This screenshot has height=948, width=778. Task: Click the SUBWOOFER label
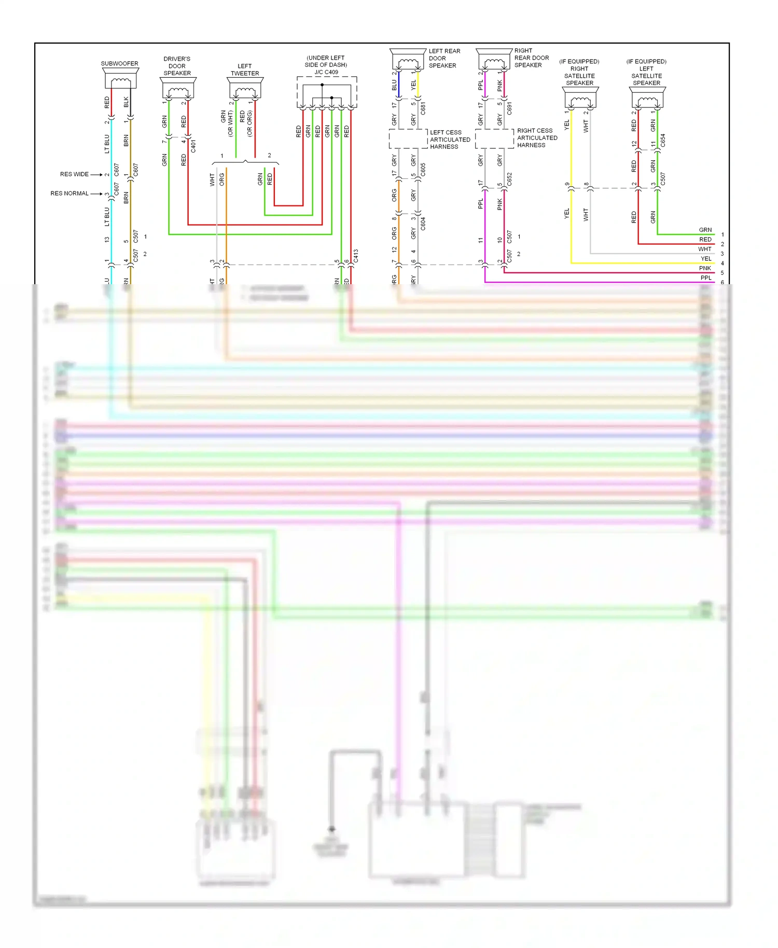pyautogui.click(x=119, y=64)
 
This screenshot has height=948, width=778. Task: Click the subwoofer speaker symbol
pyautogui.click(x=121, y=81)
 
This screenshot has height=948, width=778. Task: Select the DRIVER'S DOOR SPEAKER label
pyautogui.click(x=177, y=66)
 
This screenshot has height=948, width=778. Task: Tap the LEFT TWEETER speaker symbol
pyautogui.click(x=245, y=90)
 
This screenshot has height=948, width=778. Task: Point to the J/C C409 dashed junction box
pyautogui.click(x=327, y=92)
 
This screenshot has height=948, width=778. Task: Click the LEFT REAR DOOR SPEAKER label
pyautogui.click(x=444, y=58)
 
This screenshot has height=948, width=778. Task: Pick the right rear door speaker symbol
pyautogui.click(x=494, y=61)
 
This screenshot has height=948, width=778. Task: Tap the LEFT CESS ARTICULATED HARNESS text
pyautogui.click(x=450, y=140)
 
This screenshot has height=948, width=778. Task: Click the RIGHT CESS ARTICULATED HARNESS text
pyautogui.click(x=537, y=138)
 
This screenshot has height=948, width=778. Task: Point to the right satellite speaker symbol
pyautogui.click(x=580, y=99)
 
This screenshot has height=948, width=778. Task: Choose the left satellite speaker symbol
pyautogui.click(x=647, y=99)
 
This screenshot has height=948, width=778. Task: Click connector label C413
pyautogui.click(x=356, y=255)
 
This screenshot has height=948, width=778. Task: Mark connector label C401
pyautogui.click(x=193, y=146)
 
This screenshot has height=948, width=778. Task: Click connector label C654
pyautogui.click(x=663, y=141)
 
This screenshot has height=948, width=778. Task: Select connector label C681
pyautogui.click(x=423, y=108)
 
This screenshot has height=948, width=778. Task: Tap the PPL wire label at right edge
pyautogui.click(x=706, y=278)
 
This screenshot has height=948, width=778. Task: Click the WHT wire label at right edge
pyautogui.click(x=704, y=249)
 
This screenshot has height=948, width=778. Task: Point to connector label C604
pyautogui.click(x=423, y=224)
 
